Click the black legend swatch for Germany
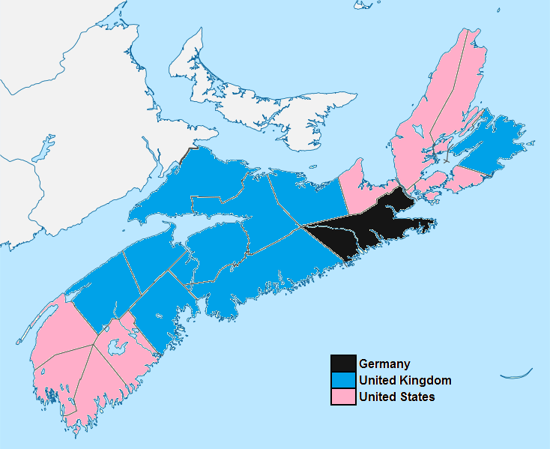click(x=343, y=364)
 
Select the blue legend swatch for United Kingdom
click(x=343, y=380)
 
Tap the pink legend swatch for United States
click(x=343, y=397)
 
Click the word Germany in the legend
click(x=384, y=364)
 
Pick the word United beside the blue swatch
click(x=375, y=381)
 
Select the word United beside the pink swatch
click(x=375, y=397)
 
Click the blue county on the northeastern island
click(x=491, y=142)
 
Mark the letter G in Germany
click(x=363, y=364)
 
